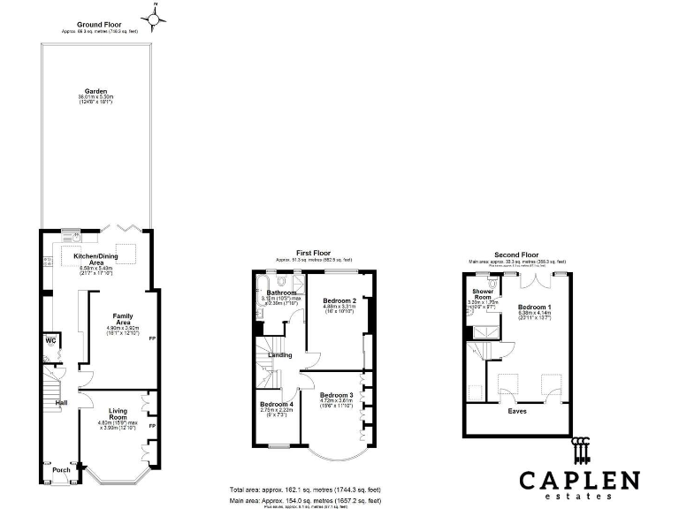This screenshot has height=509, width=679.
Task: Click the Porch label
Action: pyautogui.click(x=61, y=469)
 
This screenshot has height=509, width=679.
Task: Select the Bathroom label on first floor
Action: pyautogui.click(x=280, y=292)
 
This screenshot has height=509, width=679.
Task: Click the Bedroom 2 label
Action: pyautogui.click(x=339, y=300)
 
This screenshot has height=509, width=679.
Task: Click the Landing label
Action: pyautogui.click(x=280, y=355)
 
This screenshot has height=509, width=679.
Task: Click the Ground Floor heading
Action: pyautogui.click(x=99, y=25)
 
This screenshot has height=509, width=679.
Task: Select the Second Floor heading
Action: pyautogui.click(x=517, y=254)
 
